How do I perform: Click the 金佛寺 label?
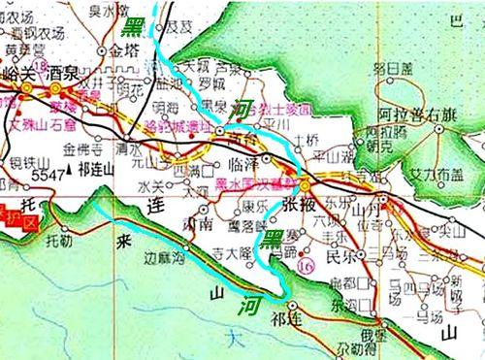pyautogui.click(x=81, y=150)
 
